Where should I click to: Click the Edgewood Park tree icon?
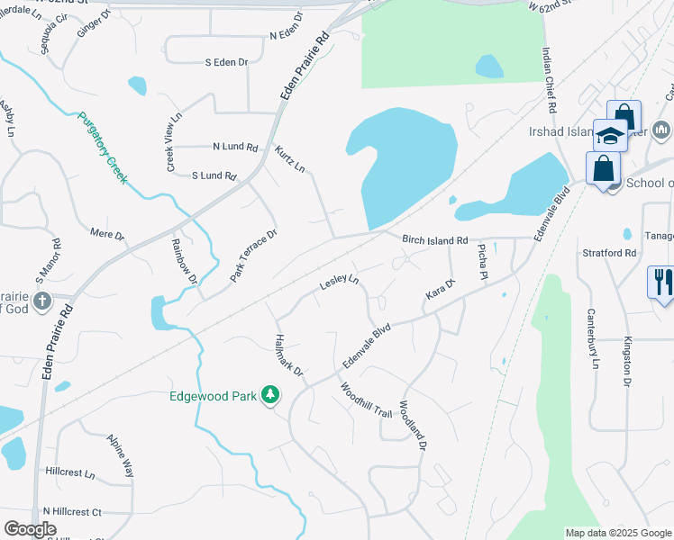[269, 394]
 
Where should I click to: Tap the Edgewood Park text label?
[212, 394]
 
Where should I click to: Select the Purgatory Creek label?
[103, 148]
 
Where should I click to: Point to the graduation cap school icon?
[610, 135]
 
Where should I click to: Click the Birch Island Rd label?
[435, 240]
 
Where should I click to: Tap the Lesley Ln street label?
[339, 283]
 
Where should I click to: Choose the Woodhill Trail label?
[366, 400]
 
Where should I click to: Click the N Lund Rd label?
[235, 147]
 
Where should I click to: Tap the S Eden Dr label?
[226, 62]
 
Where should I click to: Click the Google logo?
[30, 529]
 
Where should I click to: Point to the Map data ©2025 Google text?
[618, 533]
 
